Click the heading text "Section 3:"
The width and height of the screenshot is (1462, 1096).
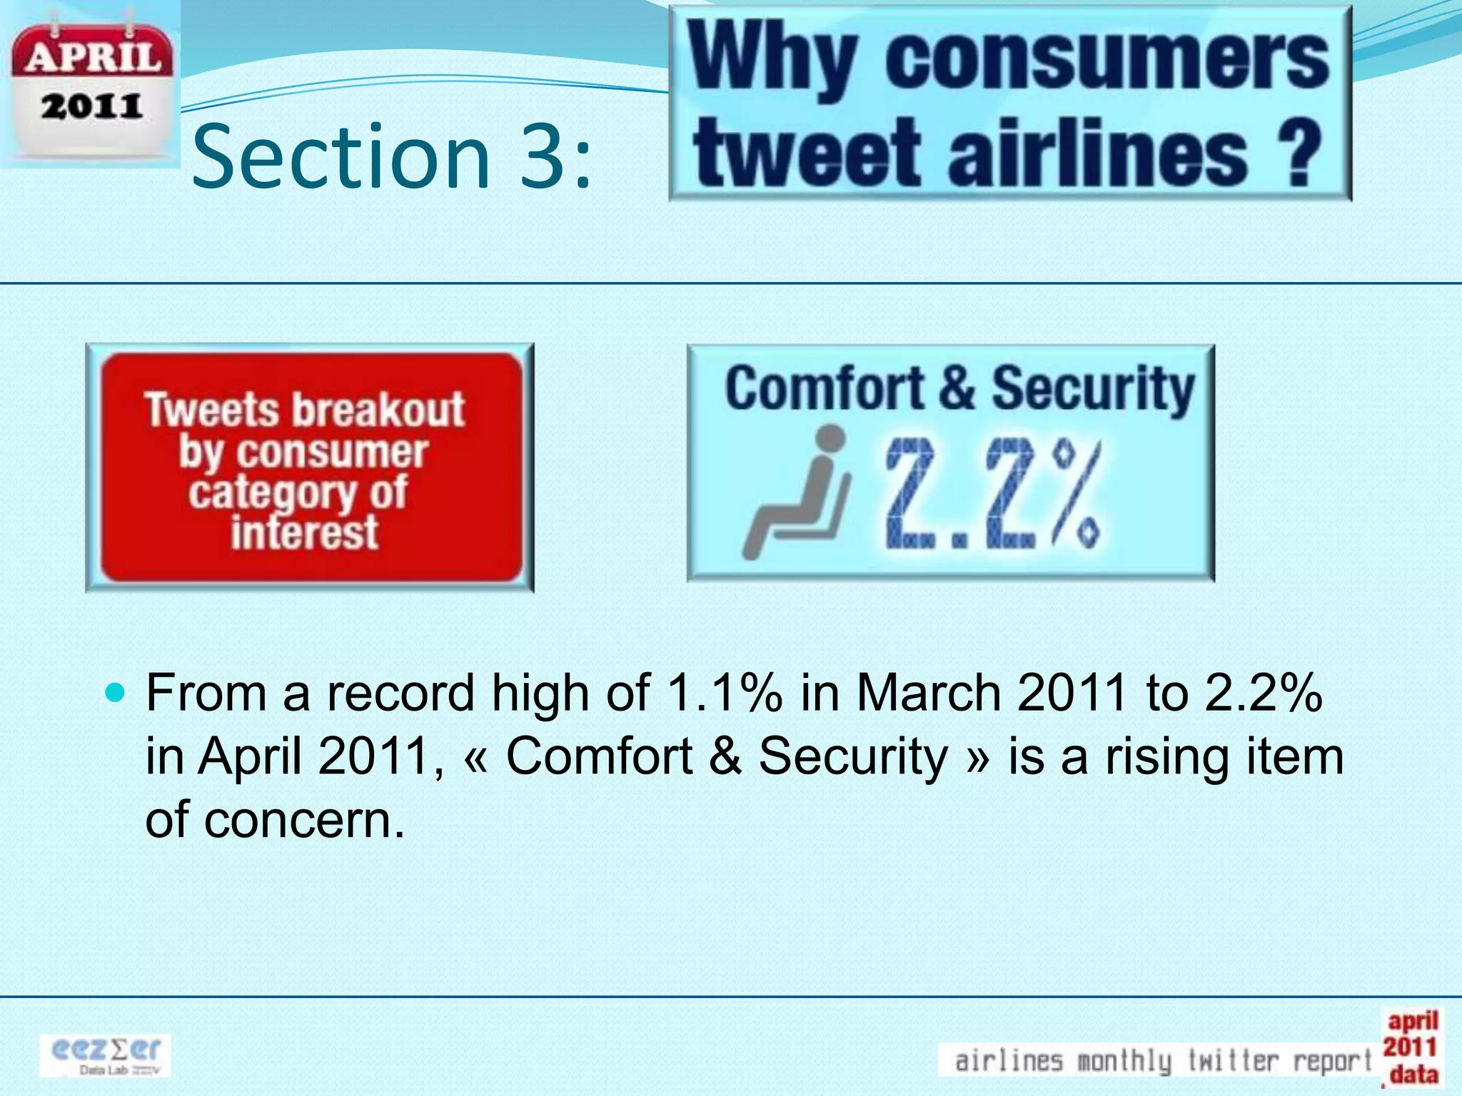click(391, 156)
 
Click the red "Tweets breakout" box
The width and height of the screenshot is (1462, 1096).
click(310, 467)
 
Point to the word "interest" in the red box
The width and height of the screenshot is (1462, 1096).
click(305, 533)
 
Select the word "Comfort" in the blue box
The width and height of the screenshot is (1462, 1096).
click(825, 389)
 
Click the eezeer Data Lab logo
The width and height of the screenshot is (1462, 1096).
click(106, 1055)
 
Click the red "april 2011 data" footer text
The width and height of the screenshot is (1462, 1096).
click(1411, 1047)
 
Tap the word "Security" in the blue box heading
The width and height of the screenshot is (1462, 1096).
click(1092, 389)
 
